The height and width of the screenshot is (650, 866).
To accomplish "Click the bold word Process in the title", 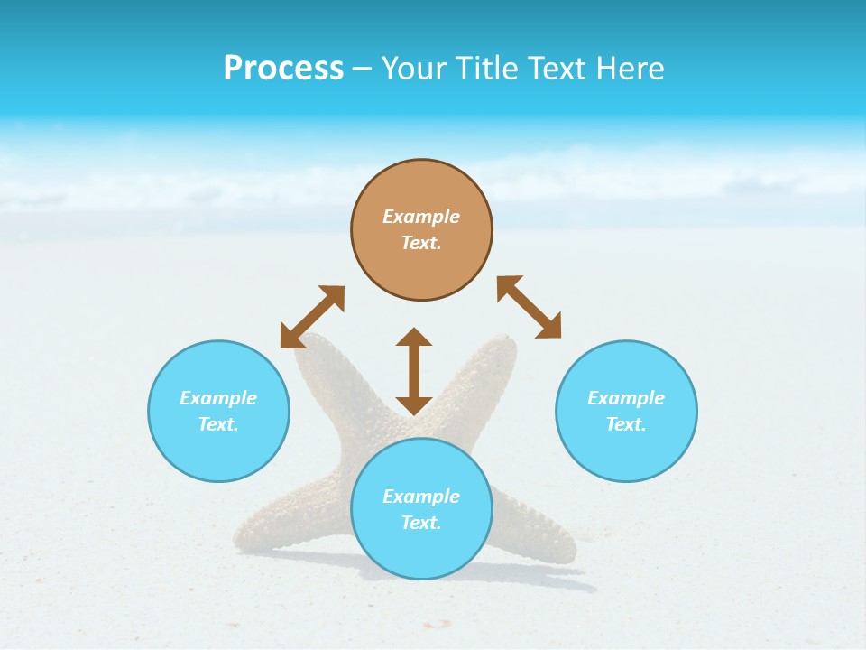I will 283,69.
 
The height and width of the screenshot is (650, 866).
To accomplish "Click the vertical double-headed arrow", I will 414,371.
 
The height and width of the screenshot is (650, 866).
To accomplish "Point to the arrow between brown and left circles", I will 312,316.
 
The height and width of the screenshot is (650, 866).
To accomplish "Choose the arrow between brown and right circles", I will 530,307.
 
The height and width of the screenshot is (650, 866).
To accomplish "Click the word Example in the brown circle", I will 421,217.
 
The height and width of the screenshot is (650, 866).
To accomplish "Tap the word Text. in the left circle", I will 218,424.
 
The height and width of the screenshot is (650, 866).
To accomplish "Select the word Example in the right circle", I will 626,398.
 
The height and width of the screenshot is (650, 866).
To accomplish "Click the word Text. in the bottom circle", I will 421,523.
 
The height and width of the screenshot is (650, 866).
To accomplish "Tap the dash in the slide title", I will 363,69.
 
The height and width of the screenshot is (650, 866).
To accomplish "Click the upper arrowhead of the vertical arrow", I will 414,338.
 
